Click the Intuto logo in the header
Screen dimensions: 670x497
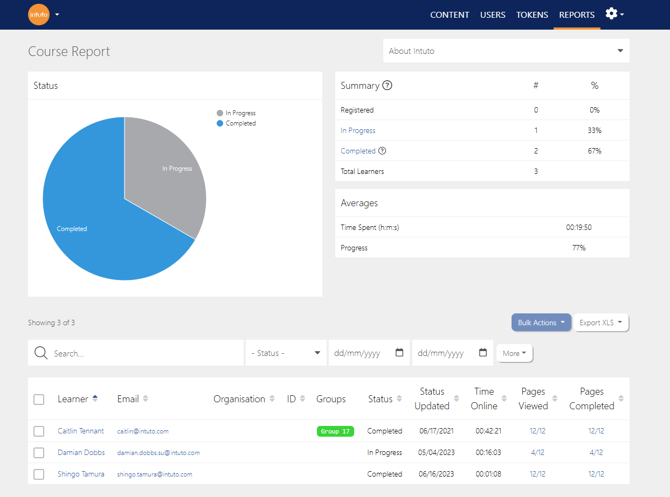39,15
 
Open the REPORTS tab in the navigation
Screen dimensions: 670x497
577,15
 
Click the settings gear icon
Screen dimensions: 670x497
611,14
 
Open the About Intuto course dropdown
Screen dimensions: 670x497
506,51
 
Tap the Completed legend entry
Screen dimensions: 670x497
236,123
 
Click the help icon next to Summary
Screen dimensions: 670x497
387,86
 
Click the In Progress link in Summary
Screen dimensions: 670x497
358,130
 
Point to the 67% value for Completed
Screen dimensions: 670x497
595,151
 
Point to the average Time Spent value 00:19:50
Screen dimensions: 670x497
579,227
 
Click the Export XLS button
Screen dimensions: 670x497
601,323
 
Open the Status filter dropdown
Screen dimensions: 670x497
286,353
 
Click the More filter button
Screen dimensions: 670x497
514,353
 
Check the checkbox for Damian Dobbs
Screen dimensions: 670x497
39,453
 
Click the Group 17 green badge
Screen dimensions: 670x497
335,431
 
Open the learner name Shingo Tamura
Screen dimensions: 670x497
81,474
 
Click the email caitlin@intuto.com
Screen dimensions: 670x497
143,431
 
